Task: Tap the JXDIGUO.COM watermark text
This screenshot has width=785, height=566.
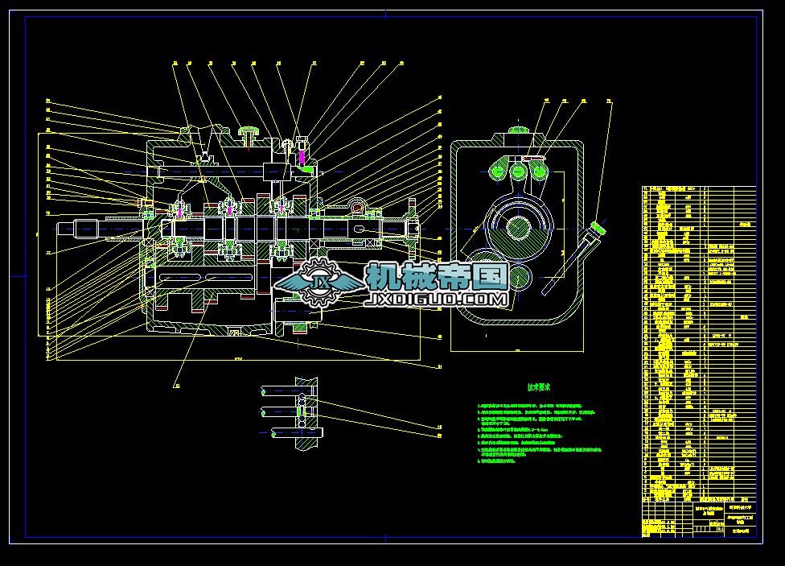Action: [438, 300]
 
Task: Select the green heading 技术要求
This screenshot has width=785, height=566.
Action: [540, 386]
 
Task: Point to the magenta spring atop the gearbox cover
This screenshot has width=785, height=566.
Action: [302, 156]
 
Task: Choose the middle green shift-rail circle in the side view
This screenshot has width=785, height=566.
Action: [517, 171]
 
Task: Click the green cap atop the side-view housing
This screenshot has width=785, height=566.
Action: [516, 131]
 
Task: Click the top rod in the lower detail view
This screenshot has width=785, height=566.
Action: [282, 391]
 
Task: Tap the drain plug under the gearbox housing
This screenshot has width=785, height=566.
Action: [236, 331]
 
